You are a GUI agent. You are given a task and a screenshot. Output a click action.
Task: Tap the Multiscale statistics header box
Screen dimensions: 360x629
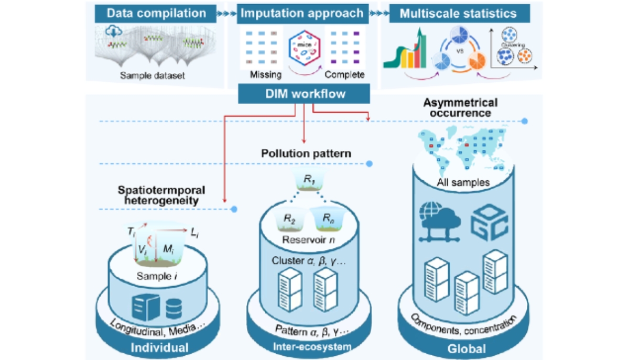tap(459, 13)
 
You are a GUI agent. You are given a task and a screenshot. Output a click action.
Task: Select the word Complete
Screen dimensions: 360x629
tap(344, 75)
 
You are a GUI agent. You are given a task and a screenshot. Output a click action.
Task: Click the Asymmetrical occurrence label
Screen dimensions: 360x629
tap(461, 107)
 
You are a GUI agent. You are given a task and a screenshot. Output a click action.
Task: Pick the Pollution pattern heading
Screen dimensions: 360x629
tap(306, 155)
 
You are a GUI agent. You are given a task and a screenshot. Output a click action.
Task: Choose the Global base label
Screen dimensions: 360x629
tap(463, 349)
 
